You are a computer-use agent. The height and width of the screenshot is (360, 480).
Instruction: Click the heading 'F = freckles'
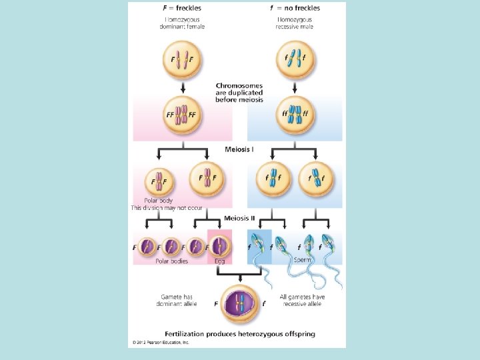coord(182,9)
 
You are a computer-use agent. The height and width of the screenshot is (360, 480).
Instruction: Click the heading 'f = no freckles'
coord(294,9)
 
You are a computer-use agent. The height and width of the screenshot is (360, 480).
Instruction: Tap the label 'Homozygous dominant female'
coord(182,23)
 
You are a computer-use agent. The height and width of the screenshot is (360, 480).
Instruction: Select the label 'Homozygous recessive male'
coord(294,23)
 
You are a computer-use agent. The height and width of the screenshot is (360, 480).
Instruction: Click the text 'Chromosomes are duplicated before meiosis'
coord(239,93)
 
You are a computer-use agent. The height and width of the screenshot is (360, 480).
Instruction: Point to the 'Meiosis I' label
coord(239,149)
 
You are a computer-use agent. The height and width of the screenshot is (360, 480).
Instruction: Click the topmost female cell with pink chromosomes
coord(181,60)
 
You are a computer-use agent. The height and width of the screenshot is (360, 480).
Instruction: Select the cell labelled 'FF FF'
coord(181,115)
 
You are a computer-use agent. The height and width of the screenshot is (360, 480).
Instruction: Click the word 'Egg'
coord(220,261)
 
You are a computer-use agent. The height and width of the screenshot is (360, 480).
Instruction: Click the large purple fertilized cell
coord(239,303)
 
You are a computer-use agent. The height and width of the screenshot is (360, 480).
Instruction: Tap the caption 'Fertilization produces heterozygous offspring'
coord(241,333)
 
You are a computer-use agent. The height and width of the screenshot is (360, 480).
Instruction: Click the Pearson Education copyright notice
coord(161,342)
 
